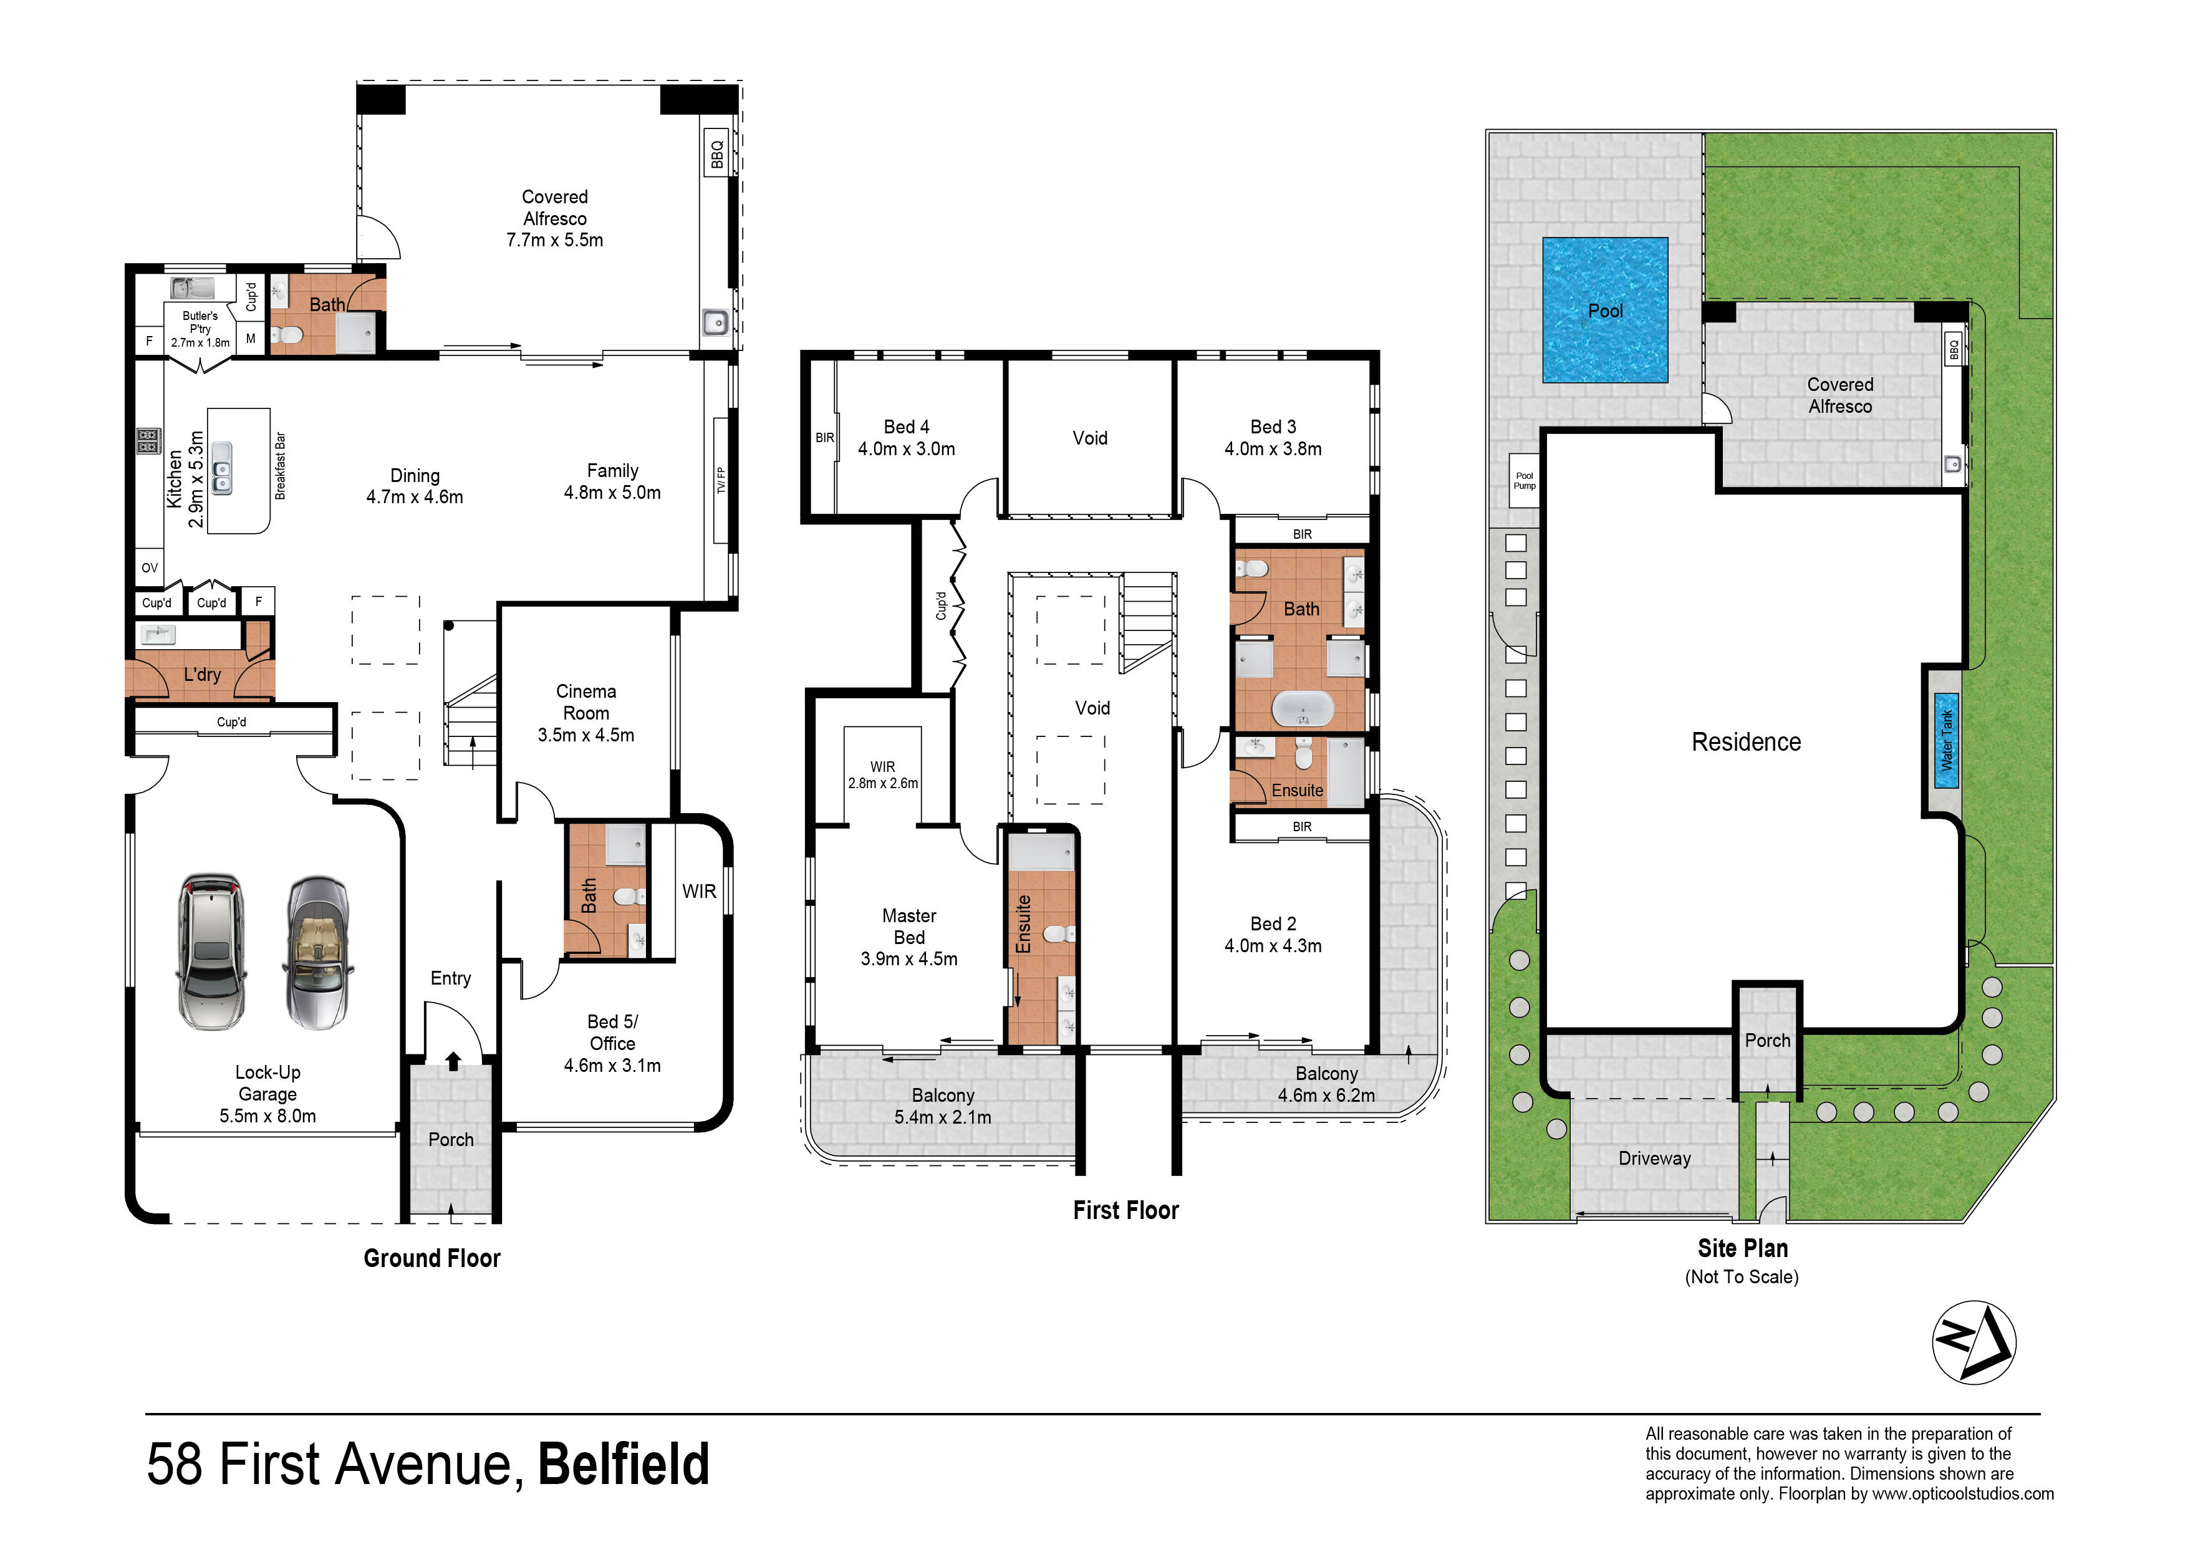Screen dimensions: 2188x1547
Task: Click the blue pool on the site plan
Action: pos(1605,310)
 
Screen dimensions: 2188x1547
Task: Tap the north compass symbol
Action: pos(1974,1341)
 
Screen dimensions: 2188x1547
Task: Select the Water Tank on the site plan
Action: pos(1946,741)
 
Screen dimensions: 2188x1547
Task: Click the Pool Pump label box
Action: pos(1524,480)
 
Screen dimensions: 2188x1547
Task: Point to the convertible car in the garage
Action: pos(317,953)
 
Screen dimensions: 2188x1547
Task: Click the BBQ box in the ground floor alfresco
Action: pos(716,153)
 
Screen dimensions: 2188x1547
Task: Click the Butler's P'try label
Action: pos(200,322)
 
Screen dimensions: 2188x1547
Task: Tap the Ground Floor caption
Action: pos(431,1258)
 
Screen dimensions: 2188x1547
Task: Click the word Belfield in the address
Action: pos(624,1464)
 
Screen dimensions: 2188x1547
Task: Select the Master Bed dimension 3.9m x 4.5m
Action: pos(909,959)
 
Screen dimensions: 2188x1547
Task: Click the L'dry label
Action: pos(202,675)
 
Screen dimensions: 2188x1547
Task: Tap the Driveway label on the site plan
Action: pos(1654,1158)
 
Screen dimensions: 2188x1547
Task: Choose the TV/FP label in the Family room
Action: pos(721,480)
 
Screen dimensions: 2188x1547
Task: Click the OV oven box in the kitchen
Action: pos(150,567)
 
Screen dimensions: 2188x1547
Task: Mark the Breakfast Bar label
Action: pos(280,466)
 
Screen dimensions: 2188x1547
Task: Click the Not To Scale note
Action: pos(1742,1276)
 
